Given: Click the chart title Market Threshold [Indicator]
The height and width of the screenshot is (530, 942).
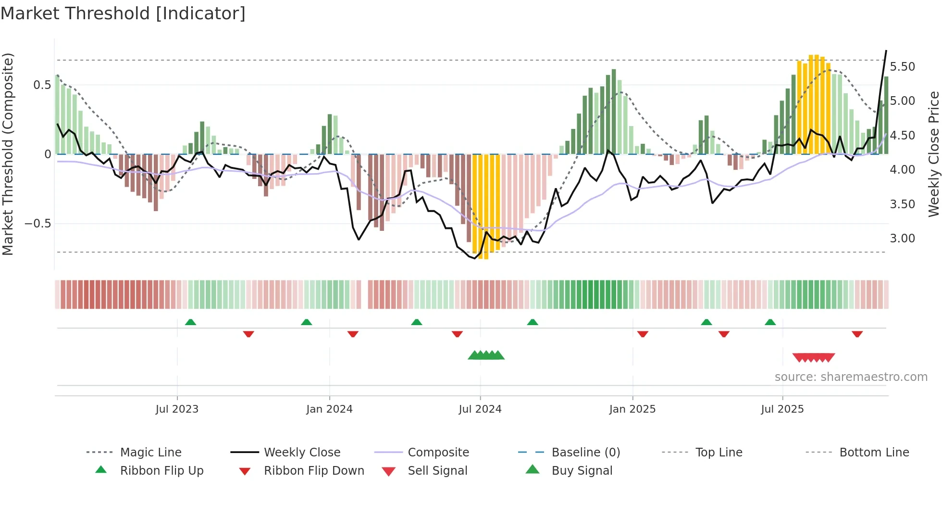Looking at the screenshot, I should coord(123,13).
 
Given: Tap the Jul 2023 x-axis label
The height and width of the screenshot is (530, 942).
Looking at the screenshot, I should coord(177,409).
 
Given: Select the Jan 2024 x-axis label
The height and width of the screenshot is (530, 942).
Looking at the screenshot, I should coord(329,409).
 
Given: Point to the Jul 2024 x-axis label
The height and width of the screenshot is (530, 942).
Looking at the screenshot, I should coord(480,409).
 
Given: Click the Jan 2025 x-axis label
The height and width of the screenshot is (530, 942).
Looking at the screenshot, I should coord(632,409).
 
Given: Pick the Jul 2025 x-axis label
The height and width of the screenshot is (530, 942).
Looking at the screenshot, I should coord(782,409).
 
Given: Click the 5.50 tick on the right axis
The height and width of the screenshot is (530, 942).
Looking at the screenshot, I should coord(902,67).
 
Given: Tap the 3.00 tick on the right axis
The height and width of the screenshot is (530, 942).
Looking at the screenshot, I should coord(902,239).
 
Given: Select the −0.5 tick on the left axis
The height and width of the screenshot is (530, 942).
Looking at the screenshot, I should coord(37,224).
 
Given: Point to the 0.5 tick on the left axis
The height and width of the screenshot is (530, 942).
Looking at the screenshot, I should coord(42,85).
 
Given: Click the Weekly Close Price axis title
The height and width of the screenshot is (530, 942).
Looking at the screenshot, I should coord(933,154).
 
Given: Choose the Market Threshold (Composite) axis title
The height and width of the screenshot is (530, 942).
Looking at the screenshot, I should coord(8,154).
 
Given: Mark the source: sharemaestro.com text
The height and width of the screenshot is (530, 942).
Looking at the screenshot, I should coord(851,377).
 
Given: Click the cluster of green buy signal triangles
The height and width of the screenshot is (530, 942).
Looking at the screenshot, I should coord(486,355).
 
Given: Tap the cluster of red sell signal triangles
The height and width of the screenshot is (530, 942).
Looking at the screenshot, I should coord(813,357).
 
